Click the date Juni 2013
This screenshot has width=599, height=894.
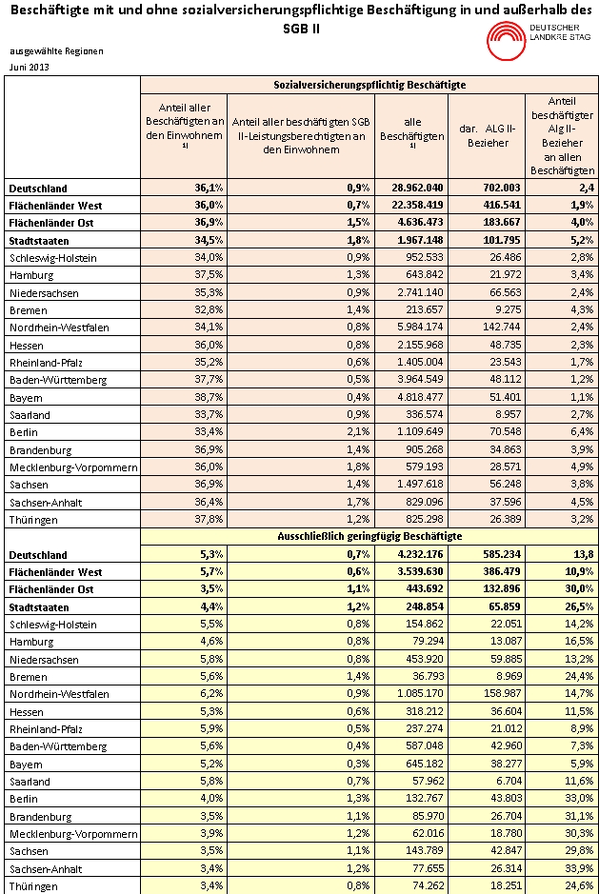click(30, 67)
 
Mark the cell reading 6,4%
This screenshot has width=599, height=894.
click(567, 432)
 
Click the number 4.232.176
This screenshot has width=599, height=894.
click(418, 554)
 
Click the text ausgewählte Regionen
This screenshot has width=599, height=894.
click(56, 51)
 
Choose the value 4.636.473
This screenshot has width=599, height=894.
click(418, 223)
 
